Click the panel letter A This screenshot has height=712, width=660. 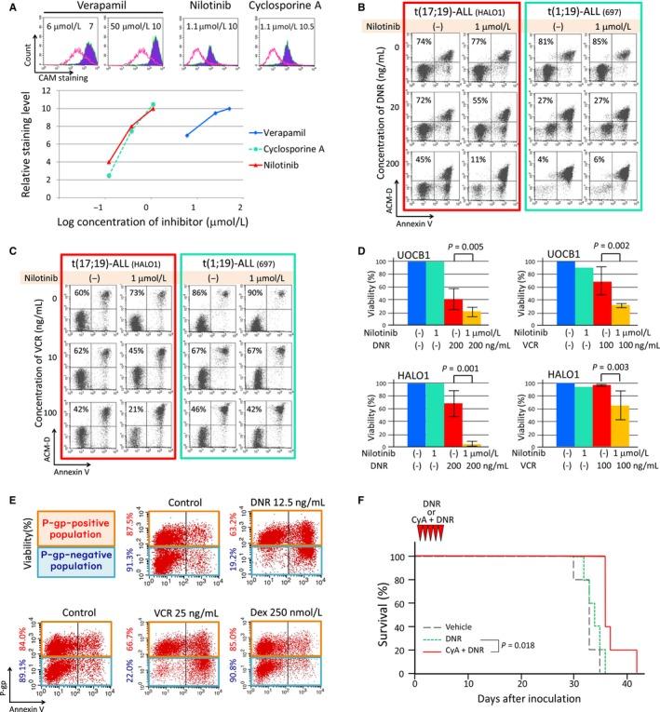click(x=8, y=8)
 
